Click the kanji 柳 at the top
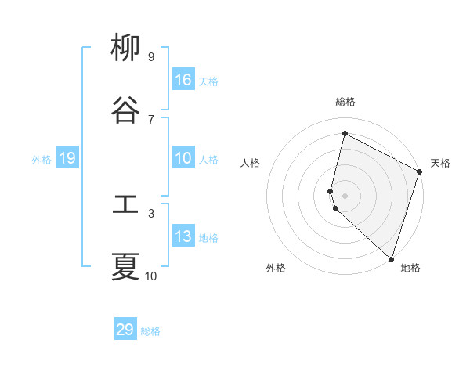pyautogui.click(x=125, y=49)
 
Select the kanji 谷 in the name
pyautogui.click(x=125, y=110)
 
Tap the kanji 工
pyautogui.click(x=125, y=205)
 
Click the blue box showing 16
pyautogui.click(x=183, y=80)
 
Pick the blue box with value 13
pyautogui.click(x=183, y=236)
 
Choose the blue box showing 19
pyautogui.click(x=67, y=159)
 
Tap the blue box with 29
pyautogui.click(x=125, y=330)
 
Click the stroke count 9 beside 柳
pyautogui.click(x=150, y=56)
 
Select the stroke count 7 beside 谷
pyautogui.click(x=150, y=119)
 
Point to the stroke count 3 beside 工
pyautogui.click(x=150, y=213)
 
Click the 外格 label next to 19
pyautogui.click(x=42, y=160)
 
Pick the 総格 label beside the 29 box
pyautogui.click(x=150, y=331)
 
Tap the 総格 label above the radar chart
pyautogui.click(x=345, y=102)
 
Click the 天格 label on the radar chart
pyautogui.click(x=440, y=163)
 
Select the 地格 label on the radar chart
pyautogui.click(x=410, y=268)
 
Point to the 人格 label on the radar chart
pyautogui.click(x=250, y=163)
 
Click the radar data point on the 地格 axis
pyautogui.click(x=391, y=258)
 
